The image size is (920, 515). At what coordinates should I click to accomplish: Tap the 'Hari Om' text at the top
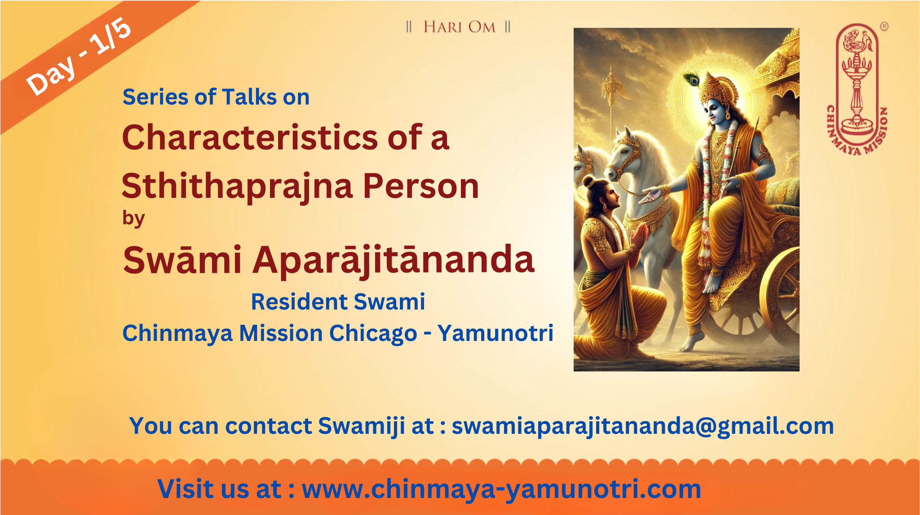tap(459, 27)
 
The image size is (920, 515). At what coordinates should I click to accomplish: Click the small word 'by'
tap(133, 219)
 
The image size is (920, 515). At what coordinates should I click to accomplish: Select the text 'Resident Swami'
tap(338, 301)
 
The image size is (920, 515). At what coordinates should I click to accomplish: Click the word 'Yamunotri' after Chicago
tap(495, 334)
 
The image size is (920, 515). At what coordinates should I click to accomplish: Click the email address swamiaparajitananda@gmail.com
tap(642, 426)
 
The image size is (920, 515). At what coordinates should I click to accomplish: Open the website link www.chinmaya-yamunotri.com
tap(501, 489)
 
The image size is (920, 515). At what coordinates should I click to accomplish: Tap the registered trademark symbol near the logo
tap(884, 26)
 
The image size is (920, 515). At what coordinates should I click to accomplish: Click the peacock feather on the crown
tap(693, 78)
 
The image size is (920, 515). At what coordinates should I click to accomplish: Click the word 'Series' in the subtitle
tap(155, 97)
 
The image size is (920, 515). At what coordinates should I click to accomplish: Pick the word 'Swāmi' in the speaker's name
tap(182, 261)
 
